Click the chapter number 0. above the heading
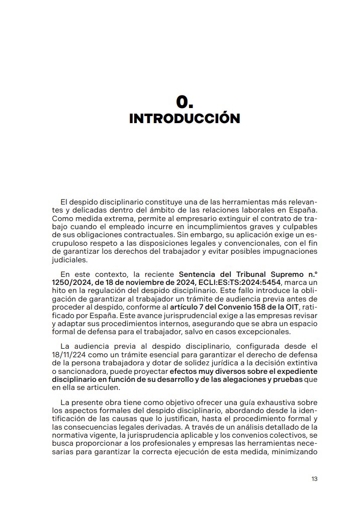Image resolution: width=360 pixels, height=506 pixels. point(185,102)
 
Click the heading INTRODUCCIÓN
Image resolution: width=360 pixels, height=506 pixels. point(185,119)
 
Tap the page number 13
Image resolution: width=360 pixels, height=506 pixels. point(314,479)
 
